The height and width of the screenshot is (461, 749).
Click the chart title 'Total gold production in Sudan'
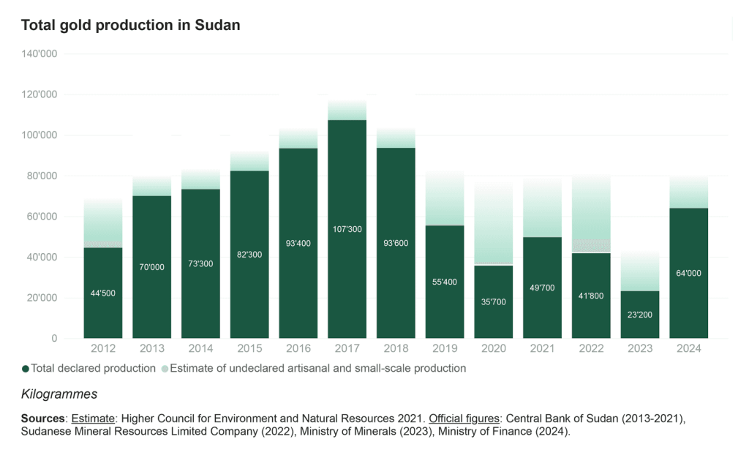(x=131, y=25)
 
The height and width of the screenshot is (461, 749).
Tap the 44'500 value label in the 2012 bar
(x=103, y=293)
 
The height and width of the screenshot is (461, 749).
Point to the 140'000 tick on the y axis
(x=42, y=54)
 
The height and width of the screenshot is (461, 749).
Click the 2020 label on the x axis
(x=493, y=348)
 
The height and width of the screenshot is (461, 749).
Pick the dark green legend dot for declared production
(x=26, y=369)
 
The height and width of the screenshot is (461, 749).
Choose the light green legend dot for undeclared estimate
(x=165, y=369)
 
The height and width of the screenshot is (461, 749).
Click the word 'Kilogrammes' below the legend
(x=59, y=394)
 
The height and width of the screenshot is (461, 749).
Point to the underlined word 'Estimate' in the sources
(x=92, y=419)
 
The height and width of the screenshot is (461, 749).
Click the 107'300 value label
(x=347, y=229)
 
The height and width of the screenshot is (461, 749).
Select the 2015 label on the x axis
(x=249, y=348)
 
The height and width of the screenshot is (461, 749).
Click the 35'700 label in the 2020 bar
(x=493, y=301)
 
